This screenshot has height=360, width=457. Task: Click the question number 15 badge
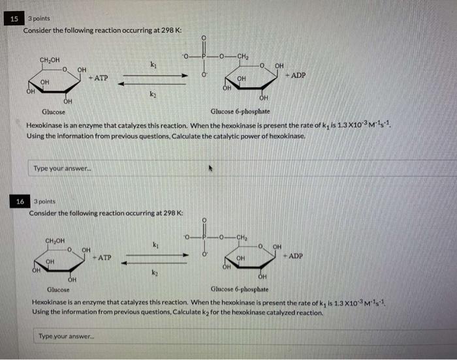[x=14, y=19]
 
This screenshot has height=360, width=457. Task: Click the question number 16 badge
[x=20, y=202]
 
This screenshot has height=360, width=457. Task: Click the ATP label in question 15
[x=100, y=78]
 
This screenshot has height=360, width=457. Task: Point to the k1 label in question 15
[x=153, y=65]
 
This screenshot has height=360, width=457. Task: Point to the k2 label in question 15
[x=153, y=95]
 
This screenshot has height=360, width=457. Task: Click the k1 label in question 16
[x=155, y=245]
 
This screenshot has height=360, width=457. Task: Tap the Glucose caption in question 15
[x=53, y=112]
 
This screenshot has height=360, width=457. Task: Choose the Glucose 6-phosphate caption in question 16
[x=240, y=289]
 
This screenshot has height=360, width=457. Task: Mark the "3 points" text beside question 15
[x=39, y=18]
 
